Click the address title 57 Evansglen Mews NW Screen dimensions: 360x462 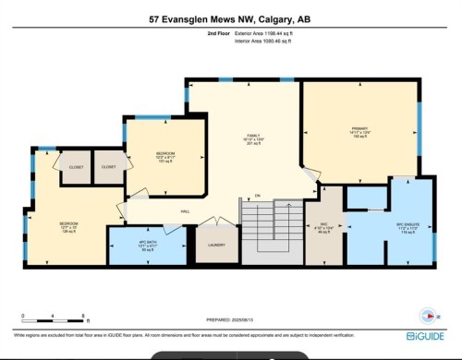[x=230, y=18]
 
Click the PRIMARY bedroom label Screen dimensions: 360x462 [x=359, y=129]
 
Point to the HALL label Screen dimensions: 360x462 [x=186, y=212]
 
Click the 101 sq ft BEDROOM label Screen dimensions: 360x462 [x=166, y=155]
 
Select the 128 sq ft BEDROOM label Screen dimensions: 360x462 [x=68, y=226]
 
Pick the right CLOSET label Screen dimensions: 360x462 [x=109, y=167]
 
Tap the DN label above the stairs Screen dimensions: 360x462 [x=258, y=196]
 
